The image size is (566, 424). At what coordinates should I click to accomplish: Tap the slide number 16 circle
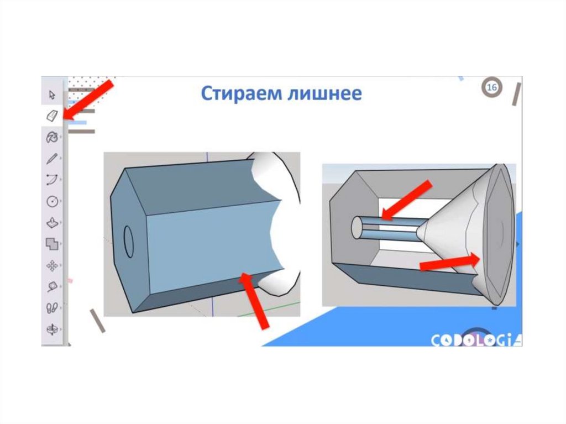(491, 87)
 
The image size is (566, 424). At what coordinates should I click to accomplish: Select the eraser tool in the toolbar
(53, 116)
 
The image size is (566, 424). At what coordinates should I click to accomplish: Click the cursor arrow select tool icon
(53, 95)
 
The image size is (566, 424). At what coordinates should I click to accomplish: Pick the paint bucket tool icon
(53, 137)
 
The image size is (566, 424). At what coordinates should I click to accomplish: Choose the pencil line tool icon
(53, 158)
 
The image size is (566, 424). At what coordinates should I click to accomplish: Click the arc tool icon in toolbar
(53, 180)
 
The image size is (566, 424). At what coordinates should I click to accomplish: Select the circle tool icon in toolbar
(53, 201)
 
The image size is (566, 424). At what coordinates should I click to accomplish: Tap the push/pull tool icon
(53, 222)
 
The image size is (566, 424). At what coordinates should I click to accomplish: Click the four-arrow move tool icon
(53, 266)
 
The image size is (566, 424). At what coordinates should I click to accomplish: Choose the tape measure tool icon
(53, 287)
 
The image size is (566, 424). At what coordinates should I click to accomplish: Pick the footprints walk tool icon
(53, 308)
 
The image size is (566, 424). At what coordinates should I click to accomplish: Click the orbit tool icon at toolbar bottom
(53, 329)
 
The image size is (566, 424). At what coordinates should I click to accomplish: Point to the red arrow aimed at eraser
(88, 100)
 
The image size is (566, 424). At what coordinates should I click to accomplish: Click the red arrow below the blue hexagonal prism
(254, 301)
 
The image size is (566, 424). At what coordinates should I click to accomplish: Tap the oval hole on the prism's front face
(128, 242)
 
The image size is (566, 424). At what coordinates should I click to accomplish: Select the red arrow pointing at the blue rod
(407, 200)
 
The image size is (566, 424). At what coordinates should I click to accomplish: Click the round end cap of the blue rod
(357, 227)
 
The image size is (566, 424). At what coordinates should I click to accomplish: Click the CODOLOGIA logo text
(476, 340)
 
